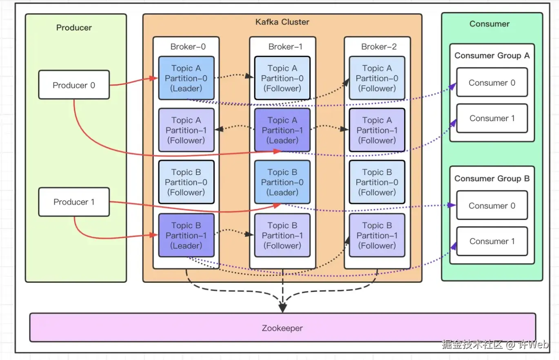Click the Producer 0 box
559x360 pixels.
74,85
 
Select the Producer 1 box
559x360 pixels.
74,202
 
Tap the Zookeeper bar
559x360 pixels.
282,328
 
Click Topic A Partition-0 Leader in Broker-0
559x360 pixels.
186,78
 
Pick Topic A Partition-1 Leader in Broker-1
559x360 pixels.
282,130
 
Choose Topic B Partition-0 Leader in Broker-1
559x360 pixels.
282,182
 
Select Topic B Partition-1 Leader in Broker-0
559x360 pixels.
186,236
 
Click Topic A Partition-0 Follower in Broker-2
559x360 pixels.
377,78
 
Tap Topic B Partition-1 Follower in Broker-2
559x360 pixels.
377,236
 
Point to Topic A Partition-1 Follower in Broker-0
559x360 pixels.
186,130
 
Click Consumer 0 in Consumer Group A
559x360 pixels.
492,82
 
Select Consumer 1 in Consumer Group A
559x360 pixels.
492,118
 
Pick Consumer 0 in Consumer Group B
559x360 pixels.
492,206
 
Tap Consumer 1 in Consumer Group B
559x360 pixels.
492,241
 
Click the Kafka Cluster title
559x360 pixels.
282,22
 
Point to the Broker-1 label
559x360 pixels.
285,47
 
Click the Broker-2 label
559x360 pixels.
379,47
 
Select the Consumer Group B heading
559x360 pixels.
492,178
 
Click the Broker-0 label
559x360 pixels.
188,47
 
